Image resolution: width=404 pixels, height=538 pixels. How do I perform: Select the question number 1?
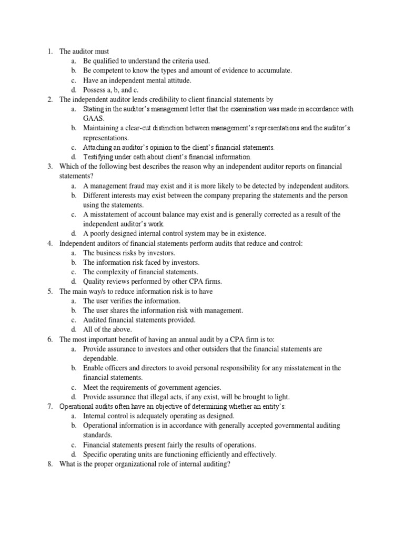49,51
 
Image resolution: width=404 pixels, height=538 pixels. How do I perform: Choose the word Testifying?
98,157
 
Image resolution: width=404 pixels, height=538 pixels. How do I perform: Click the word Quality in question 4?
95,282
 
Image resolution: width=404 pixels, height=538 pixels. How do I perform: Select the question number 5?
49,291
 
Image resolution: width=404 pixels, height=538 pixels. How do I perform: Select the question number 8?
49,464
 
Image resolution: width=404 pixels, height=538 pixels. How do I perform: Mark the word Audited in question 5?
96,320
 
